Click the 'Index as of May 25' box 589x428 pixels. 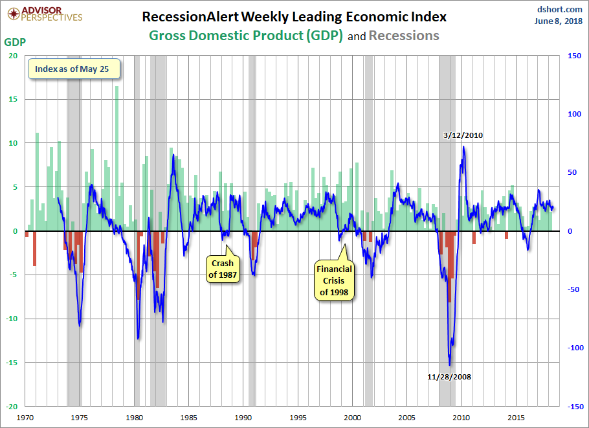[73, 69]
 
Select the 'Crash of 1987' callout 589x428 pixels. [221, 269]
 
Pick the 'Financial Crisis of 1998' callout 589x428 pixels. [334, 280]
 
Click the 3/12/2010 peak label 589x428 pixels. [463, 136]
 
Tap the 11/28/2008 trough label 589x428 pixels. [449, 376]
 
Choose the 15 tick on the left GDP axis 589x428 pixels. [12, 99]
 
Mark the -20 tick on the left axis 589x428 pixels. [11, 407]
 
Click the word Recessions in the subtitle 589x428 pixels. [404, 36]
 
